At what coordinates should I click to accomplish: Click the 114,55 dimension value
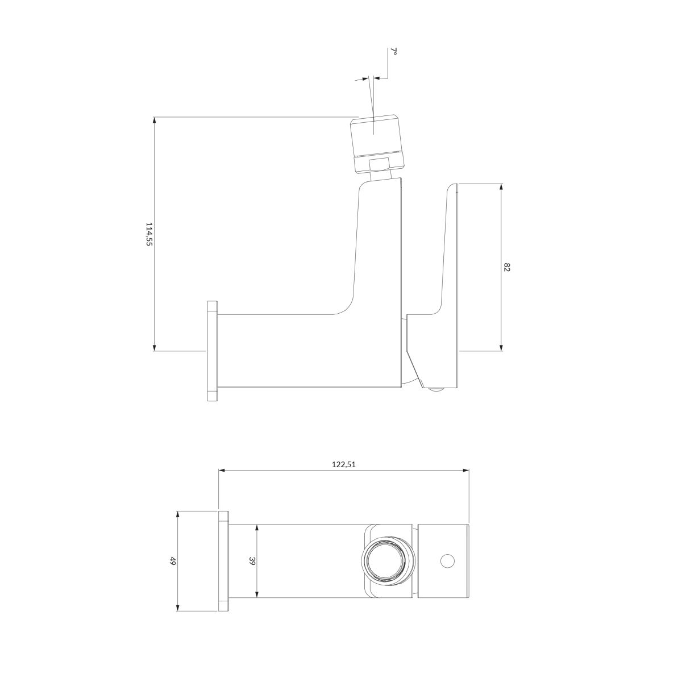click(149, 234)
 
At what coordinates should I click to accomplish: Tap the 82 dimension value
click(506, 267)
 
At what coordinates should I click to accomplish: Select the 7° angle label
click(394, 51)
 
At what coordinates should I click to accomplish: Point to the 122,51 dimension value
click(343, 465)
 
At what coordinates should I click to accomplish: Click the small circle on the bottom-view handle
click(447, 560)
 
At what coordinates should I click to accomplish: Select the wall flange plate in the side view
click(212, 351)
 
